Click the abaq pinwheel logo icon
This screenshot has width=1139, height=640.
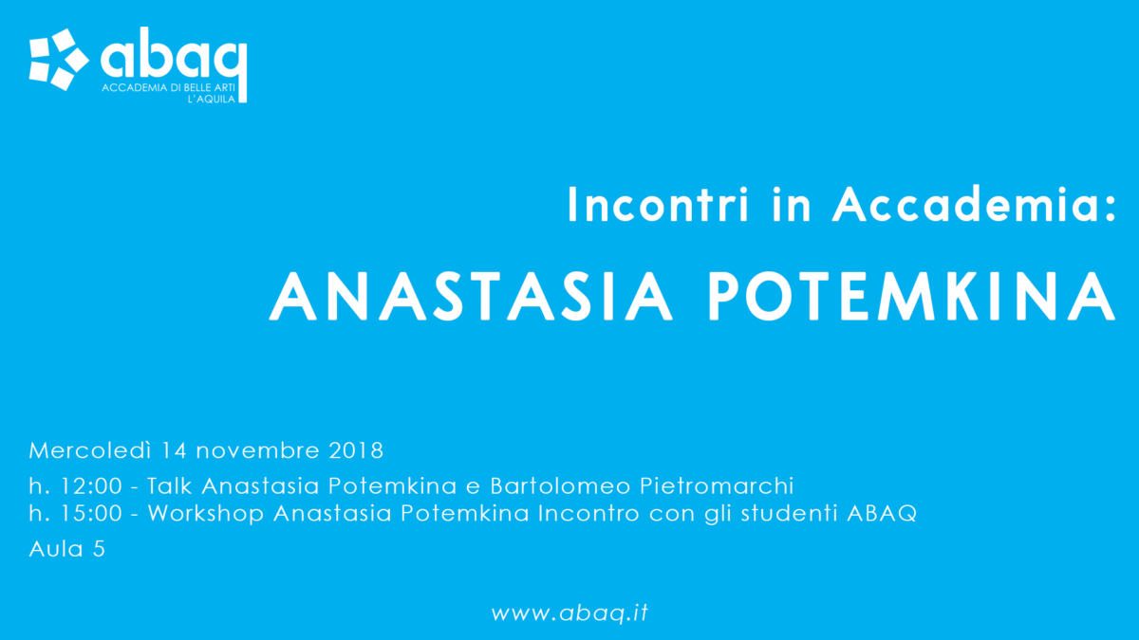click(59, 60)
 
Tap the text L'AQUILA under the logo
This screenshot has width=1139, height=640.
click(212, 99)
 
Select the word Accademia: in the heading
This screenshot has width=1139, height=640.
click(974, 204)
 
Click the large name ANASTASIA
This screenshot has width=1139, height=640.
click(471, 296)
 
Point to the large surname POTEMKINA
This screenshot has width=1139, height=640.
click(912, 296)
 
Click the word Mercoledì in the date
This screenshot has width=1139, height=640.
click(90, 450)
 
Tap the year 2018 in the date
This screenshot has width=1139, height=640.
click(356, 450)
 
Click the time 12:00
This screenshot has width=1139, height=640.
click(91, 486)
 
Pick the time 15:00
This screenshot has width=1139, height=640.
click(91, 513)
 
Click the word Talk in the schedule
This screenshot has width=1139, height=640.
click(170, 485)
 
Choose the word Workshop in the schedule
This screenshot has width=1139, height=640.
click(206, 513)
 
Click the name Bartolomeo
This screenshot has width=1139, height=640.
click(560, 485)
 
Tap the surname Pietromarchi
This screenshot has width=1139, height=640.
click(717, 485)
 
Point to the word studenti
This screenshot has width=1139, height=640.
click(789, 513)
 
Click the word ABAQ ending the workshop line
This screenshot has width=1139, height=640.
click(882, 513)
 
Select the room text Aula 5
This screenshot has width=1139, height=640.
click(67, 549)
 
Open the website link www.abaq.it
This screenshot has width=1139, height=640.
click(569, 613)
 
